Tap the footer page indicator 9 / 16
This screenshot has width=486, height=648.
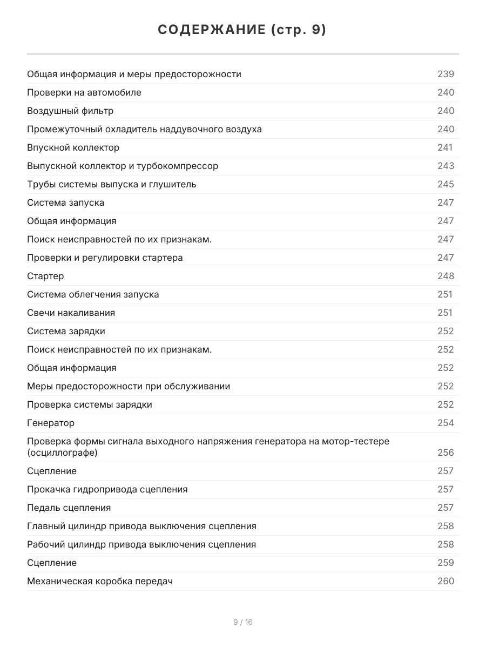click(x=243, y=622)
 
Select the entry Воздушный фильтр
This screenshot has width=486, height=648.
click(x=70, y=111)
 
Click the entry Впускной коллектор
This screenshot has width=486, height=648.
click(x=73, y=147)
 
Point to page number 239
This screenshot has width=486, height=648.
click(x=446, y=74)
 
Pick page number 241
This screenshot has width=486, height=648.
click(x=445, y=147)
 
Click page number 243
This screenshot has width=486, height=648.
click(x=446, y=166)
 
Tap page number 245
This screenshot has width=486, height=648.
click(x=446, y=184)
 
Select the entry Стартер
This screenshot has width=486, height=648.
click(x=45, y=276)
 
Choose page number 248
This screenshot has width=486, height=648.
click(x=446, y=276)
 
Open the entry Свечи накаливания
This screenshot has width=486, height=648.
click(x=71, y=313)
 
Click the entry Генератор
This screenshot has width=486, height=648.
click(x=51, y=423)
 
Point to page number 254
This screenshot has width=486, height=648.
click(x=446, y=423)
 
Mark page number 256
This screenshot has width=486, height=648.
click(x=446, y=453)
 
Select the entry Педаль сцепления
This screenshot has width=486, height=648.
click(x=69, y=508)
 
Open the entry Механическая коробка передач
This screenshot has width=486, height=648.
click(x=100, y=581)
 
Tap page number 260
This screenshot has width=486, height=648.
click(x=446, y=581)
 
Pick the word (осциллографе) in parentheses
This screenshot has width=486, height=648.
click(x=62, y=453)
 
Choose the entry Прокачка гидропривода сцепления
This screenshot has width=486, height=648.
click(x=107, y=489)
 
